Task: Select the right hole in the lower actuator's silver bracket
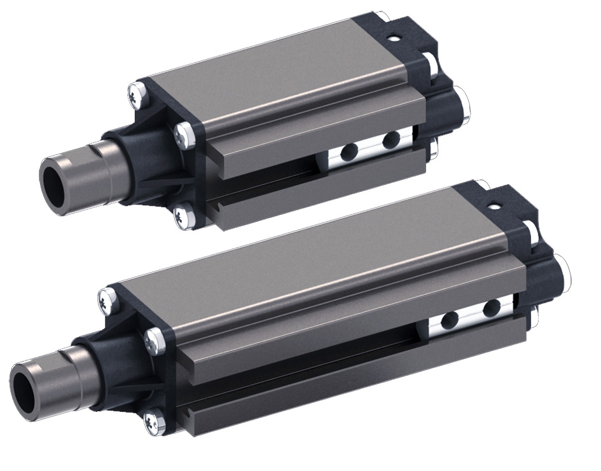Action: coord(490,310)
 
